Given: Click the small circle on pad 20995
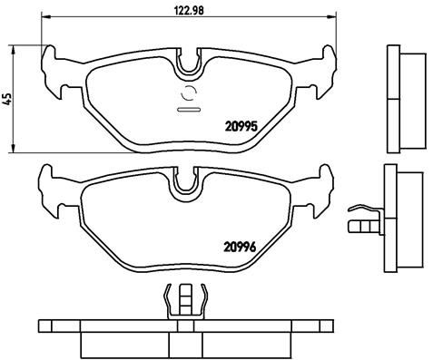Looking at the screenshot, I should pyautogui.click(x=191, y=93).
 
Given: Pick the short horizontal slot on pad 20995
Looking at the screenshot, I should pyautogui.click(x=191, y=110).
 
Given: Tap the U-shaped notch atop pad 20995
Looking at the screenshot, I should pyautogui.click(x=191, y=63).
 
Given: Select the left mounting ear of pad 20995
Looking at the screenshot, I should pyautogui.click(x=56, y=72).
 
